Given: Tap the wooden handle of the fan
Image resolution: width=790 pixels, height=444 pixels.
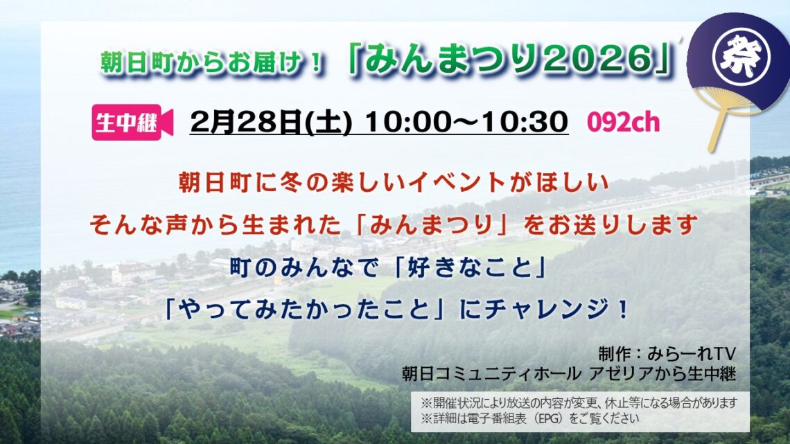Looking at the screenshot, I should click(x=718, y=132).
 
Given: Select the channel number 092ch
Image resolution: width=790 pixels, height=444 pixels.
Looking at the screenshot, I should click(x=623, y=123).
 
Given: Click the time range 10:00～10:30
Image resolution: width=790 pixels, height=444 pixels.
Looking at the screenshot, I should click(x=466, y=123).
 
